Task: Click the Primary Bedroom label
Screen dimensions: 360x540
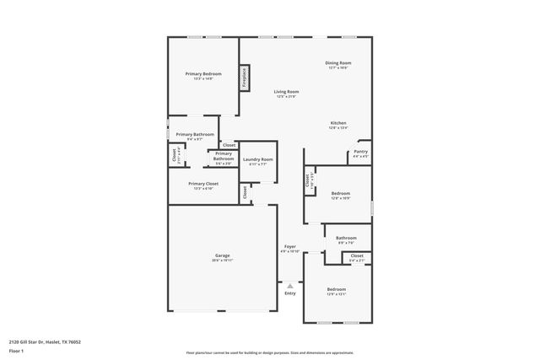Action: [202, 74]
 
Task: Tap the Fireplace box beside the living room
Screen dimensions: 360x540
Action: [246, 77]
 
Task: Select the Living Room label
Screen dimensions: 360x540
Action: [286, 92]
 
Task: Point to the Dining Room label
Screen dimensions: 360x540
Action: [338, 63]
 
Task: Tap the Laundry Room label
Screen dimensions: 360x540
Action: [257, 159]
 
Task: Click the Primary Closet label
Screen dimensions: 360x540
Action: [202, 184]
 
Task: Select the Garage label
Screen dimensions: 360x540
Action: [223, 256]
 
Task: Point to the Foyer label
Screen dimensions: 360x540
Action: [289, 246]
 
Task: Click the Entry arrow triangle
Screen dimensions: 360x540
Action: [289, 286]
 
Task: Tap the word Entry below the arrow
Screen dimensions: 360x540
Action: [289, 293]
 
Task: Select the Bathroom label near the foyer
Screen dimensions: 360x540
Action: [346, 239]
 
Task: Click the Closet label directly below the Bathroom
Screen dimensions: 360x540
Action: [357, 255]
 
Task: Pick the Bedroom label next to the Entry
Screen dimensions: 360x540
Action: [336, 289]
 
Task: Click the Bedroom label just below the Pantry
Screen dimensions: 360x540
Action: [339, 193]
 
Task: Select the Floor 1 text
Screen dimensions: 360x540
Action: [16, 352]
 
